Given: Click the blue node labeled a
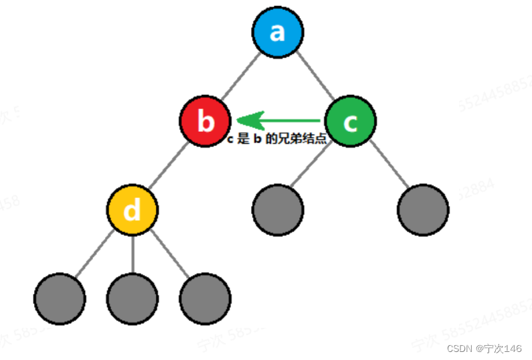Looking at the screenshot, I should tap(278, 33).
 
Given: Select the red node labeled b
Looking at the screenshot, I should tap(205, 122).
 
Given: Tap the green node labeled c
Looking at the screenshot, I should tap(350, 122).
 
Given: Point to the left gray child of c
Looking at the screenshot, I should tap(278, 210).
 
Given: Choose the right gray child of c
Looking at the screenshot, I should tap(423, 210).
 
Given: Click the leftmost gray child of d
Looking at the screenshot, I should tap(60, 298).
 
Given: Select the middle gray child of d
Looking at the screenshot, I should tap(132, 298).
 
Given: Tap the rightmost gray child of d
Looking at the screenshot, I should tap(205, 298).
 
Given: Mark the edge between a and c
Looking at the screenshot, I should tap(315, 78).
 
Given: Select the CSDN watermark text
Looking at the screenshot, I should tap(484, 349).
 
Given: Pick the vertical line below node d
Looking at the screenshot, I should tap(132, 254).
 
